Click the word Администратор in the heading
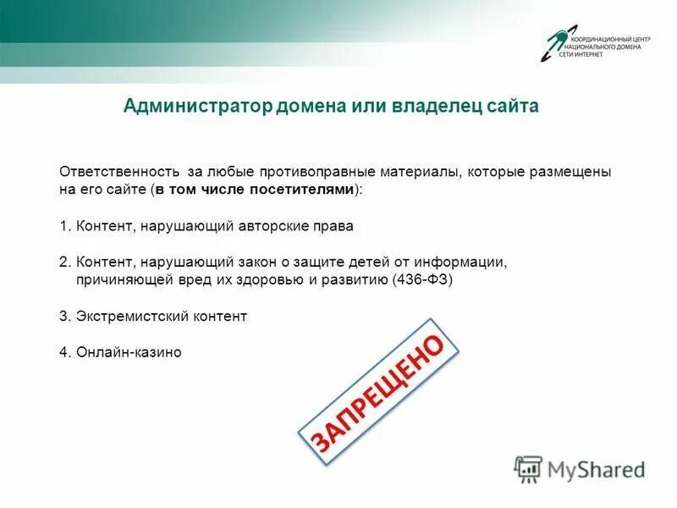click(195, 107)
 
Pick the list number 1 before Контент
click(63, 227)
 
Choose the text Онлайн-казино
click(129, 351)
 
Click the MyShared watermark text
click(596, 468)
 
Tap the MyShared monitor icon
click(528, 468)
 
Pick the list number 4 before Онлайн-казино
click(63, 351)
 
